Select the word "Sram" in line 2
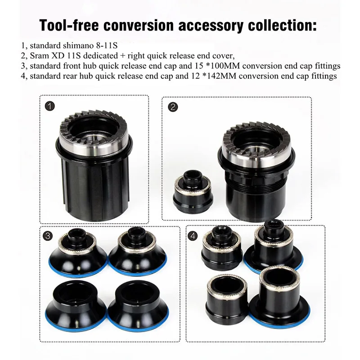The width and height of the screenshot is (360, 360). tap(39, 55)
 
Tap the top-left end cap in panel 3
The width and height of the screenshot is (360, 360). tap(81, 252)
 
